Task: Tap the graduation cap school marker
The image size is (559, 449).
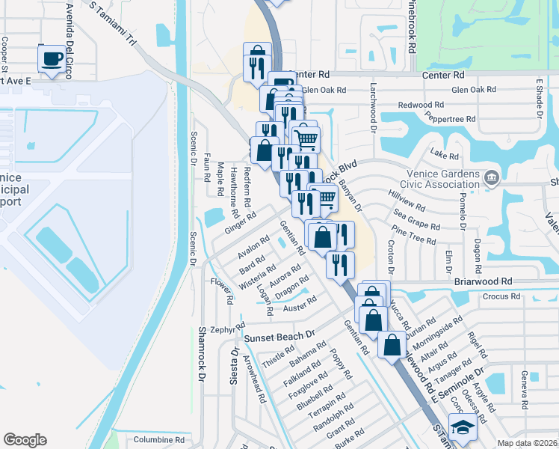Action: (463, 429)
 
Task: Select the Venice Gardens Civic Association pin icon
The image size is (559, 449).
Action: (492, 177)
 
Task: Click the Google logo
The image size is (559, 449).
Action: (25, 440)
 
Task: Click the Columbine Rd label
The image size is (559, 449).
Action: (159, 439)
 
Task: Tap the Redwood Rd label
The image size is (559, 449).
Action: (421, 105)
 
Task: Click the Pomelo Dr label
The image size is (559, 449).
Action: (463, 210)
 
